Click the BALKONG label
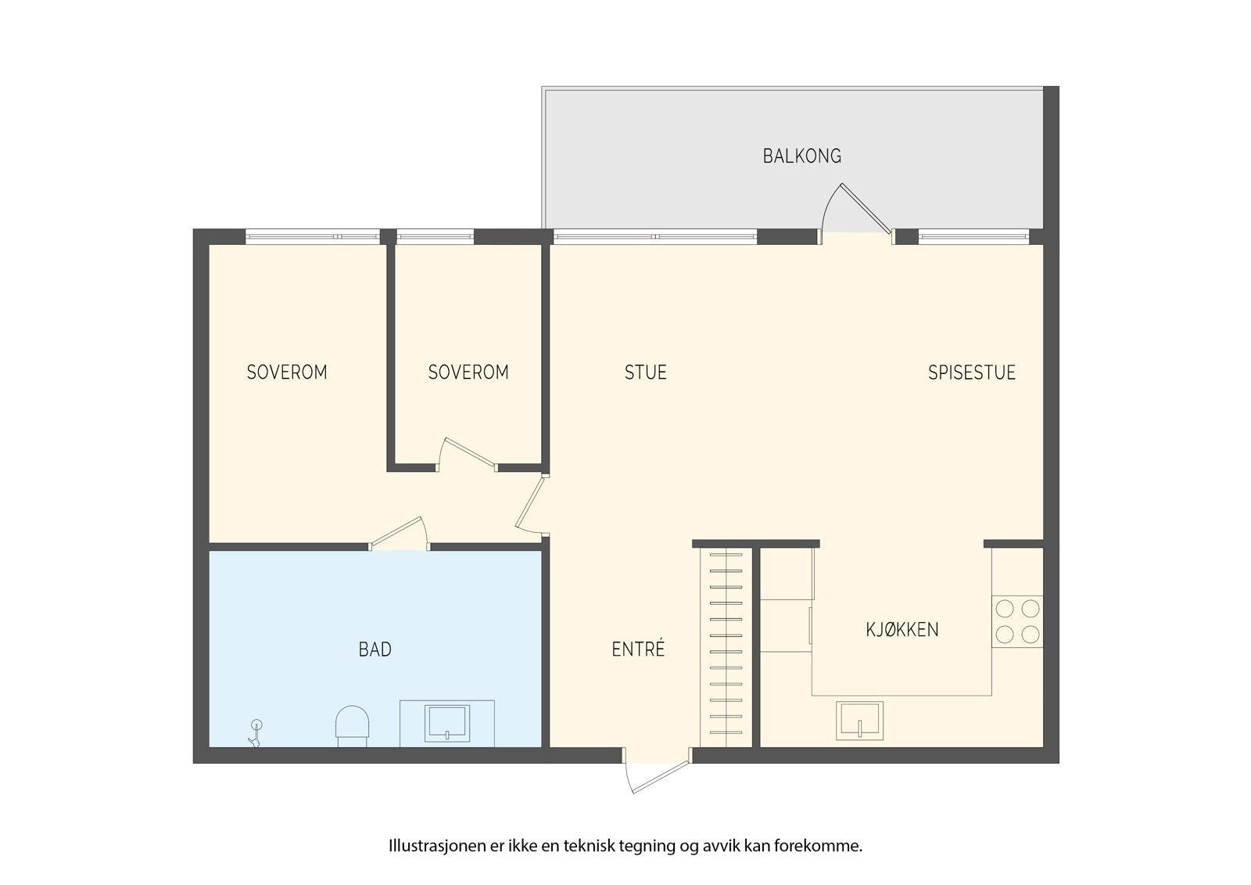click(802, 156)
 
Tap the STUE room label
click(645, 372)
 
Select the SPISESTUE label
click(971, 372)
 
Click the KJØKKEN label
click(902, 630)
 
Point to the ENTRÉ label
click(638, 649)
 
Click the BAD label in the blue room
click(375, 649)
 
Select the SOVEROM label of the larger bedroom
click(286, 372)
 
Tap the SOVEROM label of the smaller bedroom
click(468, 372)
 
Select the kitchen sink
click(859, 721)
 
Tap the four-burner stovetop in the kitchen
click(1017, 621)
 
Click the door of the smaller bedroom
click(467, 455)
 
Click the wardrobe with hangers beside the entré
click(726, 648)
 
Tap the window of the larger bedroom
click(312, 236)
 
